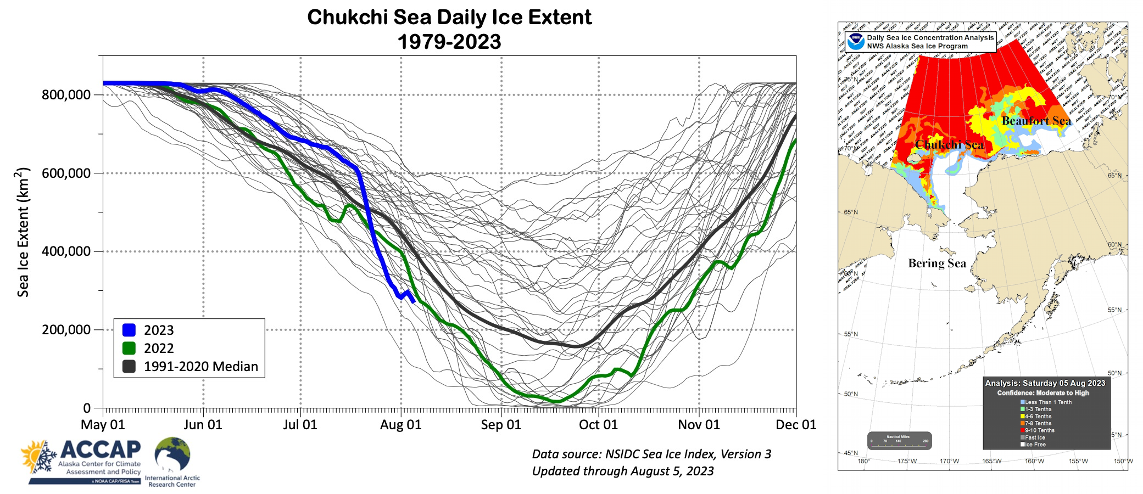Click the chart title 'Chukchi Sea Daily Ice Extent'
click(x=449, y=18)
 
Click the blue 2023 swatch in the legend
click(x=129, y=330)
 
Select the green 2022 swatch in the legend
click(x=129, y=348)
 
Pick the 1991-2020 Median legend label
click(x=200, y=367)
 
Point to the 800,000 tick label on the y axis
click(x=66, y=95)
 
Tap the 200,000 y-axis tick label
click(x=66, y=330)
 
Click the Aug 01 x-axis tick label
click(x=400, y=425)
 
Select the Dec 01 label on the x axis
click(x=795, y=425)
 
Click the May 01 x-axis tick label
click(x=103, y=425)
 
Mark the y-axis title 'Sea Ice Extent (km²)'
click(x=23, y=232)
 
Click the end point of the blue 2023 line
click(x=414, y=301)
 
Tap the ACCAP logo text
click(x=101, y=450)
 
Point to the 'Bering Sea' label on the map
click(x=936, y=263)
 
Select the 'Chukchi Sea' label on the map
click(x=949, y=145)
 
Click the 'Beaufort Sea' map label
click(x=1036, y=121)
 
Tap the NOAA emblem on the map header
click(x=855, y=42)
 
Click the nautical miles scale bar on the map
click(x=899, y=441)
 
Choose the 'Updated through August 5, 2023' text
click(x=622, y=471)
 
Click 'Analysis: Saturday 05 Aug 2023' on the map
click(x=1045, y=383)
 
